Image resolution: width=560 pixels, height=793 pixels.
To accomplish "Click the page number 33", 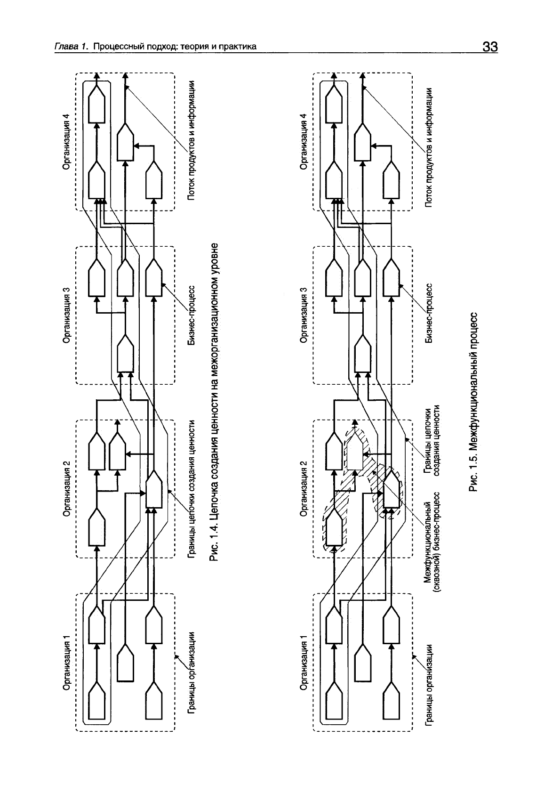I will pos(489,47).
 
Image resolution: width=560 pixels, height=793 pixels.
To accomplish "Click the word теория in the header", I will pos(191,47).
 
